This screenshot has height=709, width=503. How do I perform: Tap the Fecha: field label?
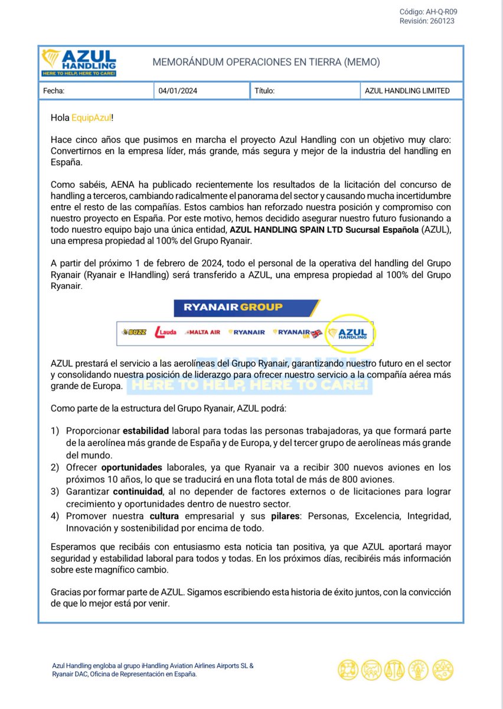pyautogui.click(x=54, y=91)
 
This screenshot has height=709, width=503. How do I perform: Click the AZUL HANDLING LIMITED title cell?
pyautogui.click(x=407, y=91)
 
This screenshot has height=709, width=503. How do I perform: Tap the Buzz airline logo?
pyautogui.click(x=133, y=332)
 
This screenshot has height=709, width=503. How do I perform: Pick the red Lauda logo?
pyautogui.click(x=165, y=332)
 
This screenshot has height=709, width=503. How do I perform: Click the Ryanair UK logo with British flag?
pyautogui.click(x=298, y=333)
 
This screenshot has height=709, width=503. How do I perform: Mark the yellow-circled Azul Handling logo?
pyautogui.click(x=352, y=333)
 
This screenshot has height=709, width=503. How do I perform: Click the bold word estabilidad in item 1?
pyautogui.click(x=148, y=431)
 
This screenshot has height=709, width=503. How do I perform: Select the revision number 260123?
pyautogui.click(x=442, y=21)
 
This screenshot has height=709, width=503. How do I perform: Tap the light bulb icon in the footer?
pyautogui.click(x=419, y=669)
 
